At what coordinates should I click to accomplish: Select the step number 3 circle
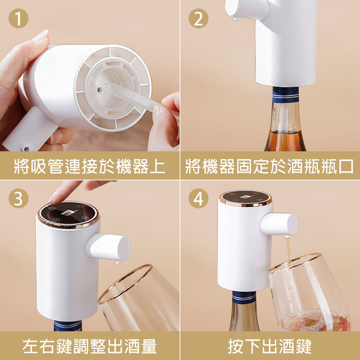pyautogui.click(x=18, y=198)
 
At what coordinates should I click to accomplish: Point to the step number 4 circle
pyautogui.click(x=198, y=198)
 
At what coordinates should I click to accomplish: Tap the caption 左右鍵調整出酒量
pyautogui.click(x=90, y=347)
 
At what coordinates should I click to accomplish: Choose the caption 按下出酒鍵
pyautogui.click(x=270, y=347)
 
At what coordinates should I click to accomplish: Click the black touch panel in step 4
pyautogui.click(x=246, y=197)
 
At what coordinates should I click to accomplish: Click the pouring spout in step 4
pyautogui.click(x=280, y=224)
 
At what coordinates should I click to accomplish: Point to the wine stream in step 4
pyautogui.click(x=288, y=252)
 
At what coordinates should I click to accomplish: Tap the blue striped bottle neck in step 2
pyautogui.click(x=285, y=95)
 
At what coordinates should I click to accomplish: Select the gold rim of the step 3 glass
pyautogui.click(x=122, y=281)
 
